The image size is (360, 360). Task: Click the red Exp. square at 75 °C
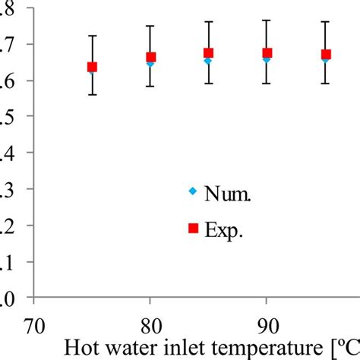[x=92, y=67]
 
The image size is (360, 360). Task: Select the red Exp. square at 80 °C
[x=150, y=57]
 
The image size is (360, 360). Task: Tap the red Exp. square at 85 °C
[x=208, y=53]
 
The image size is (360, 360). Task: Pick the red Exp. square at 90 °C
[x=267, y=53]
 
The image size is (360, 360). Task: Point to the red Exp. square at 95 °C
[x=325, y=55]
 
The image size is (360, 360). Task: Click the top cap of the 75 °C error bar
[x=92, y=36]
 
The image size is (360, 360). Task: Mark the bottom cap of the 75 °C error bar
[x=92, y=95]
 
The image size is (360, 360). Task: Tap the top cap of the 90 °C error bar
[x=267, y=21]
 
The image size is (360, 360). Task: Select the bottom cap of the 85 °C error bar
[x=208, y=83]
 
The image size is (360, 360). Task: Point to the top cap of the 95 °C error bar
[x=325, y=22]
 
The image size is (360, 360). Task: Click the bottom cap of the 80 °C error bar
[x=150, y=86]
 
